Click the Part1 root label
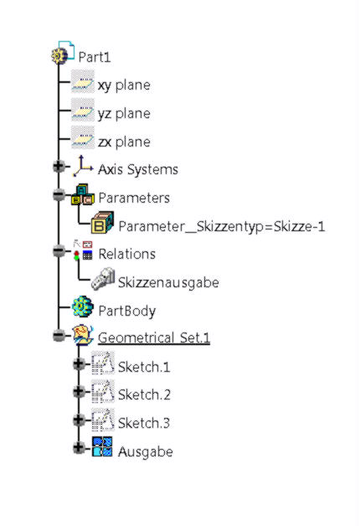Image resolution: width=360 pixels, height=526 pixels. tap(95, 57)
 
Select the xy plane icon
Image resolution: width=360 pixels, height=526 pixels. tap(83, 81)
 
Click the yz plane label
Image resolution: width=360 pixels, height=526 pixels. tap(124, 114)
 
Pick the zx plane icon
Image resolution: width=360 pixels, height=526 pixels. tap(83, 137)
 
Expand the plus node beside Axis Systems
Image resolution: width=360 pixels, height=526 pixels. tap(59, 166)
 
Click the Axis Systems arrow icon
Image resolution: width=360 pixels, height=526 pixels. tap(83, 166)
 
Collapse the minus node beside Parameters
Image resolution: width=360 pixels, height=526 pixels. tap(59, 194)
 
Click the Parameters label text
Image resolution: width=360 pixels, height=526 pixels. tap(134, 198)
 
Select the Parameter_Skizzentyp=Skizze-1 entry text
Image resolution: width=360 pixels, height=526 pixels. tap(222, 226)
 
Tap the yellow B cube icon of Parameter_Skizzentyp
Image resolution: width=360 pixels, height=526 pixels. tap(103, 223)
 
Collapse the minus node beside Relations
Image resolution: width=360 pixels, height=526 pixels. tap(59, 250)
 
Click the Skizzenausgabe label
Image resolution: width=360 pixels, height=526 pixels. tap(168, 282)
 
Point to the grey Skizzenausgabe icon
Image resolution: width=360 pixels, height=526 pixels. tap(103, 278)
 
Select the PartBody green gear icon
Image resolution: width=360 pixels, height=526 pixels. tap(83, 307)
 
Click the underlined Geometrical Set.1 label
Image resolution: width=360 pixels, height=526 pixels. tap(154, 338)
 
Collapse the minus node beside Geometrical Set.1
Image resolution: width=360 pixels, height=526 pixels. tap(59, 335)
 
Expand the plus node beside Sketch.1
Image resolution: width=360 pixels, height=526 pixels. tap(79, 364)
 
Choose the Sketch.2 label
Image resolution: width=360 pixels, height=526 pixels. tap(144, 394)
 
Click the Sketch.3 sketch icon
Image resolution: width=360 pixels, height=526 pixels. tap(103, 420)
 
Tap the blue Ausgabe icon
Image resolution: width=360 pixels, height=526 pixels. tap(103, 446)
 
